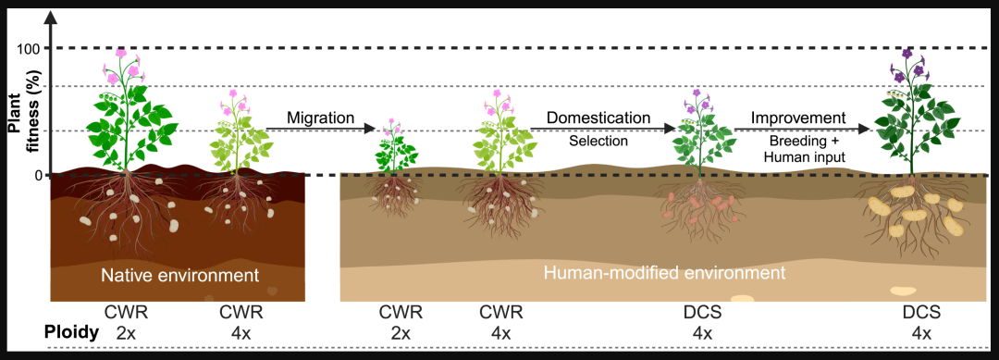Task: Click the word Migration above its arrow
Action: coord(319,118)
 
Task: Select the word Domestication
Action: coord(598,118)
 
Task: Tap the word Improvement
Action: coord(797,118)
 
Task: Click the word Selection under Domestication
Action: coord(598,140)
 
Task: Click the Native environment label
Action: coord(180,276)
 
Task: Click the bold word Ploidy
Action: coord(71,332)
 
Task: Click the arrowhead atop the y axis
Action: coord(52,18)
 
